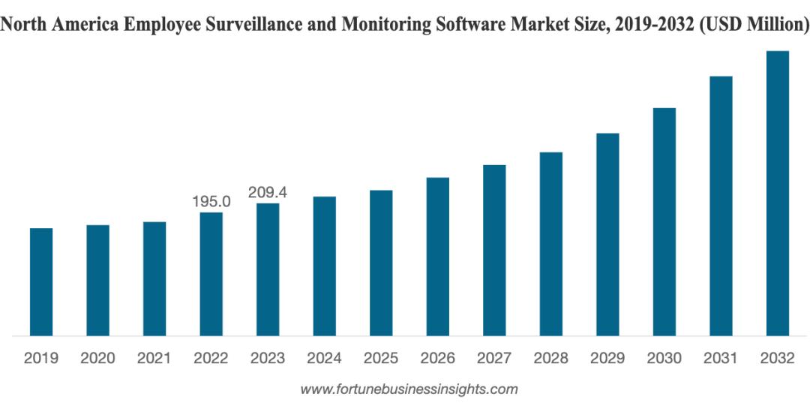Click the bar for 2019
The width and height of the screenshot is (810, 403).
pyautogui.click(x=41, y=281)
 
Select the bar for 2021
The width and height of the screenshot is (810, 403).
pyautogui.click(x=154, y=278)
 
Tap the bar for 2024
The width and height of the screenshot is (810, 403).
pyautogui.click(x=324, y=266)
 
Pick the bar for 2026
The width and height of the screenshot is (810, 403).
pyautogui.click(x=438, y=257)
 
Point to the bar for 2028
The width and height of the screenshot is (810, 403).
pyautogui.click(x=551, y=244)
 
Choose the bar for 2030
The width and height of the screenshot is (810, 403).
pyautogui.click(x=664, y=221)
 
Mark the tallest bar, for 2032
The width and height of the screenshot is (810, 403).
pyautogui.click(x=778, y=193)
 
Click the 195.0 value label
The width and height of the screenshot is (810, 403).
pyautogui.click(x=211, y=202)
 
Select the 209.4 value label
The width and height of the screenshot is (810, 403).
pyautogui.click(x=268, y=193)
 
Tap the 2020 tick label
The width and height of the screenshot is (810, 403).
pyautogui.click(x=97, y=359)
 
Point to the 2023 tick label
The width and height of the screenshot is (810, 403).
pyautogui.click(x=268, y=359)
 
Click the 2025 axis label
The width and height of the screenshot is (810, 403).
pyautogui.click(x=381, y=359)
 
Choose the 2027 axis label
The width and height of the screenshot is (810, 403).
pyautogui.click(x=494, y=359)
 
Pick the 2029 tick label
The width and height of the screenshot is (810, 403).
pyautogui.click(x=607, y=359)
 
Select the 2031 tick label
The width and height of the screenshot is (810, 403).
pyautogui.click(x=721, y=359)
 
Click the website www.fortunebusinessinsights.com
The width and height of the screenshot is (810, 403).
pyautogui.click(x=409, y=389)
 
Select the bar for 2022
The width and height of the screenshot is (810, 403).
pyautogui.click(x=211, y=274)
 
